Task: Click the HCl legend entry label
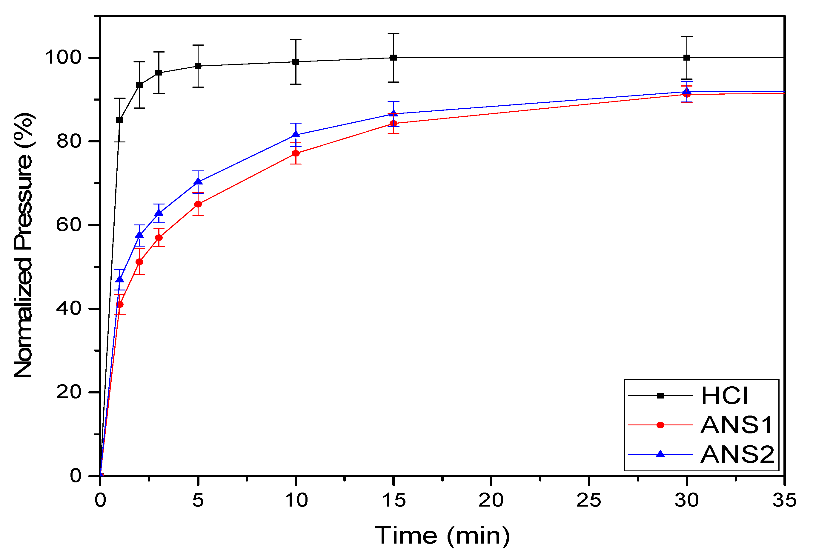725,396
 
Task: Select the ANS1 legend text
737,425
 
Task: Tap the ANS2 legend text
737,455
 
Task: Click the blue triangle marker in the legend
660,454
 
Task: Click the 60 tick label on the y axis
69,224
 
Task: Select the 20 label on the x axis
491,500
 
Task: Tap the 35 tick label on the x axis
785,500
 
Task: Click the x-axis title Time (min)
442,536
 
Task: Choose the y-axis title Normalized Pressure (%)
24,246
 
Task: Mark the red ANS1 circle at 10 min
296,153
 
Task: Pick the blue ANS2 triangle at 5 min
198,181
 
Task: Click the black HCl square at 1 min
120,120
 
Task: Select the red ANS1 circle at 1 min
120,304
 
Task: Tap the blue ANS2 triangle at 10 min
296,134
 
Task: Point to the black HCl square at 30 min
687,58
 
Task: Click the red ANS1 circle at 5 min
198,204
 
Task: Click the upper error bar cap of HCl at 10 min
296,40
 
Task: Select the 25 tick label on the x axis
589,500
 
